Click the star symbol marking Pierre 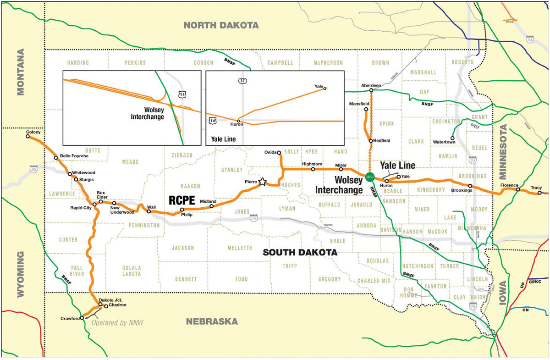(x=262, y=182)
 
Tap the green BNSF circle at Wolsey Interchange (x=370, y=176)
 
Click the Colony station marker (x=28, y=136)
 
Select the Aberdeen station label (x=371, y=86)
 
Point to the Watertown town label (x=444, y=142)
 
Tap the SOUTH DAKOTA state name (x=300, y=253)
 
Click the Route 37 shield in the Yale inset (x=242, y=81)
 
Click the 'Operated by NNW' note (x=117, y=322)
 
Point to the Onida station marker (x=279, y=152)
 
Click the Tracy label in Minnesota (x=536, y=188)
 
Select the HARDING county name (x=78, y=63)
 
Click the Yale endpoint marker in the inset (x=324, y=89)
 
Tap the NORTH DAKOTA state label (x=221, y=26)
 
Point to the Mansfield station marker (x=366, y=109)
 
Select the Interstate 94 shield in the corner (x=530, y=39)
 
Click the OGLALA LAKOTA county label (x=132, y=271)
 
